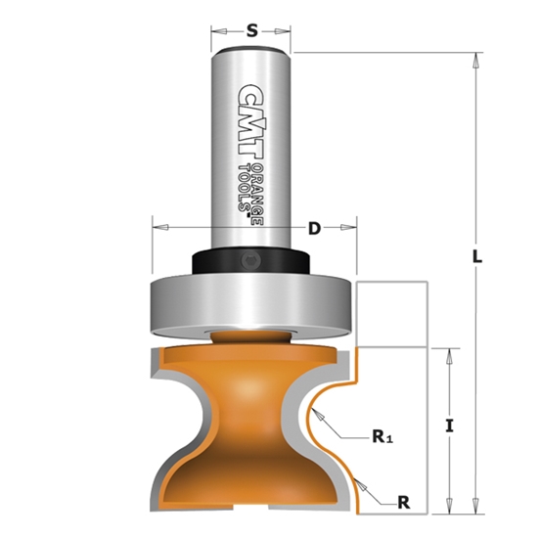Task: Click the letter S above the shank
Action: coord(251,30)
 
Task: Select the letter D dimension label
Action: coord(314,228)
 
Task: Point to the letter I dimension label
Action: coord(450,426)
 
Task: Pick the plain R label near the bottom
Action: coord(402,502)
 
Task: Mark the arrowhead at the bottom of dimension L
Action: coord(476,508)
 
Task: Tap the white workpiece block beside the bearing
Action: coord(394,313)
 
